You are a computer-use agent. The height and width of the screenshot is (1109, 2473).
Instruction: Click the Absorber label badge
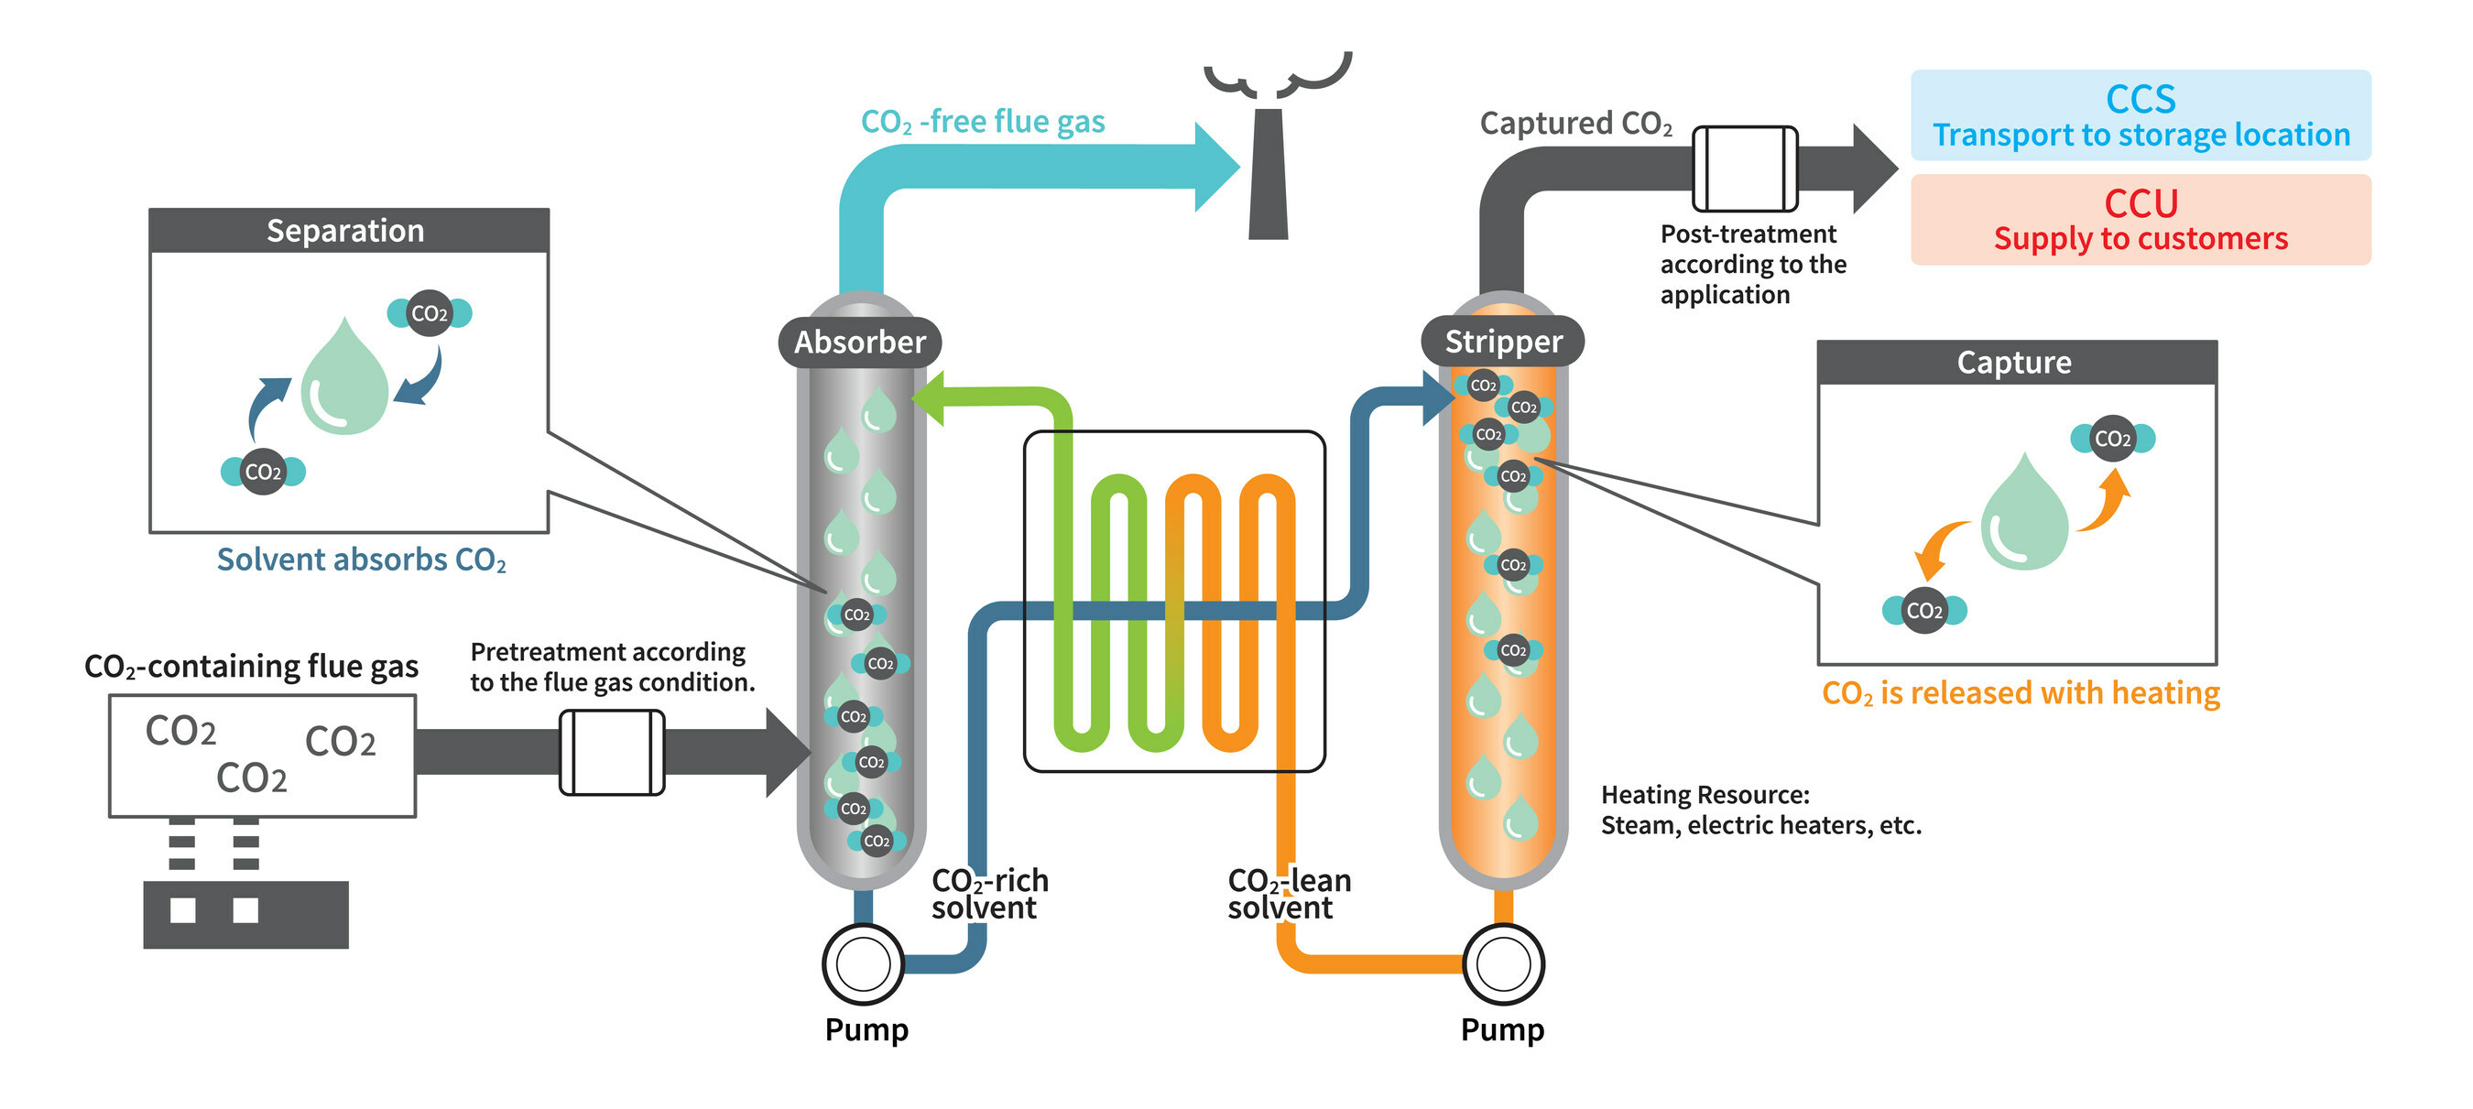pos(859,342)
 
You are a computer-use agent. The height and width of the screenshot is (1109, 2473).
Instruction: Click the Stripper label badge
pos(1502,341)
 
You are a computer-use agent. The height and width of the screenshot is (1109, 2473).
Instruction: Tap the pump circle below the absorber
pos(863,964)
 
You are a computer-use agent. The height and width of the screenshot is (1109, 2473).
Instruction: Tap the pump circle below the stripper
pos(1502,964)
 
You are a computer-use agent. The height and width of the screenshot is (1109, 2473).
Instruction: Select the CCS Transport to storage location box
pos(2140,115)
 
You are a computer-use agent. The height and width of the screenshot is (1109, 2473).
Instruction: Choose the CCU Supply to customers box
pos(2140,220)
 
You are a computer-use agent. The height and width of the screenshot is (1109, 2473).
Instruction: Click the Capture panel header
pos(2016,362)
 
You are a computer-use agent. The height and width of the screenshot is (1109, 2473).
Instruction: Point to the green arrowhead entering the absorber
pos(930,397)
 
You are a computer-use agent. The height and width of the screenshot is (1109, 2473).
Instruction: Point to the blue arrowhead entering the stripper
pos(1438,397)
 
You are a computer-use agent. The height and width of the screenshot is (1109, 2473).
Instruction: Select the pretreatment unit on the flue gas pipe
pos(612,752)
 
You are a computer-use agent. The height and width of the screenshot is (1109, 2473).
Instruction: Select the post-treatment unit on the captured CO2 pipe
pos(1743,169)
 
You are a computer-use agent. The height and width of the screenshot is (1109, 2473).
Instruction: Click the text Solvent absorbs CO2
pos(361,560)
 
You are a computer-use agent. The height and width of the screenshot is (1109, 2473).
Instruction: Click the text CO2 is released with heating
pos(2020,693)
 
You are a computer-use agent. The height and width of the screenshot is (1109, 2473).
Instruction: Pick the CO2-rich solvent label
pos(989,894)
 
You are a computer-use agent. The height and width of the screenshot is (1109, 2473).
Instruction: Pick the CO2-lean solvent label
pos(1289,894)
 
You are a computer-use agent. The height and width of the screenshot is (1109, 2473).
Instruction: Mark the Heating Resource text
pos(1759,810)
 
